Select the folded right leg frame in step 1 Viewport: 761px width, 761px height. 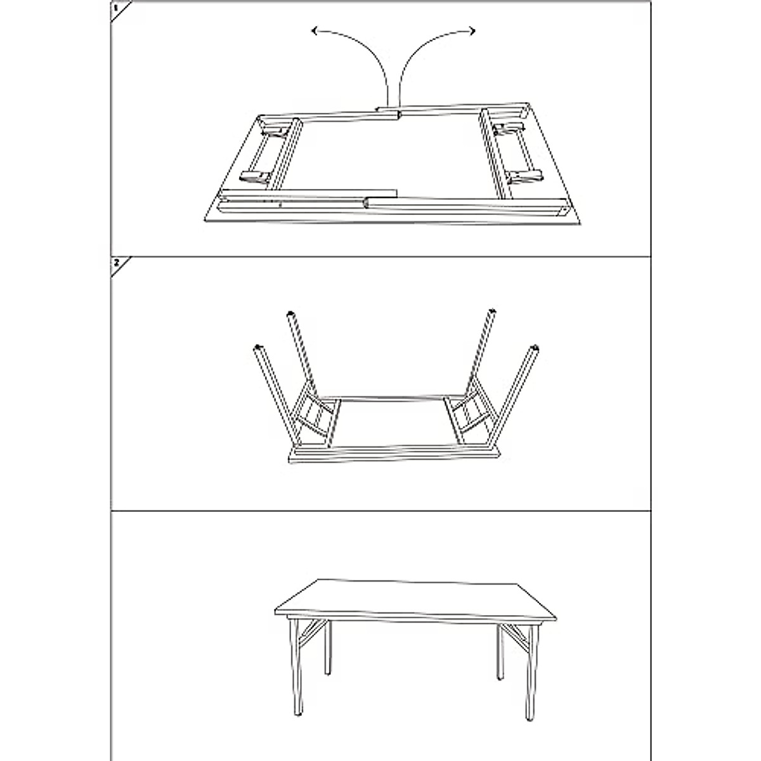(512, 151)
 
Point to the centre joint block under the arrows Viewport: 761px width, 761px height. (387, 113)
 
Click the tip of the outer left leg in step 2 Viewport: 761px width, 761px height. (258, 347)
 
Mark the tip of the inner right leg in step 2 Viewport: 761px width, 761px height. (491, 311)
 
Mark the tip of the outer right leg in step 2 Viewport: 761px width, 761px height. (537, 348)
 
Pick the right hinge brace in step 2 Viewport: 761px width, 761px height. (468, 413)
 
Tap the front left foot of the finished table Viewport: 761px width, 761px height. (298, 713)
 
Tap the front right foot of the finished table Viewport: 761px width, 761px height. (528, 715)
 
